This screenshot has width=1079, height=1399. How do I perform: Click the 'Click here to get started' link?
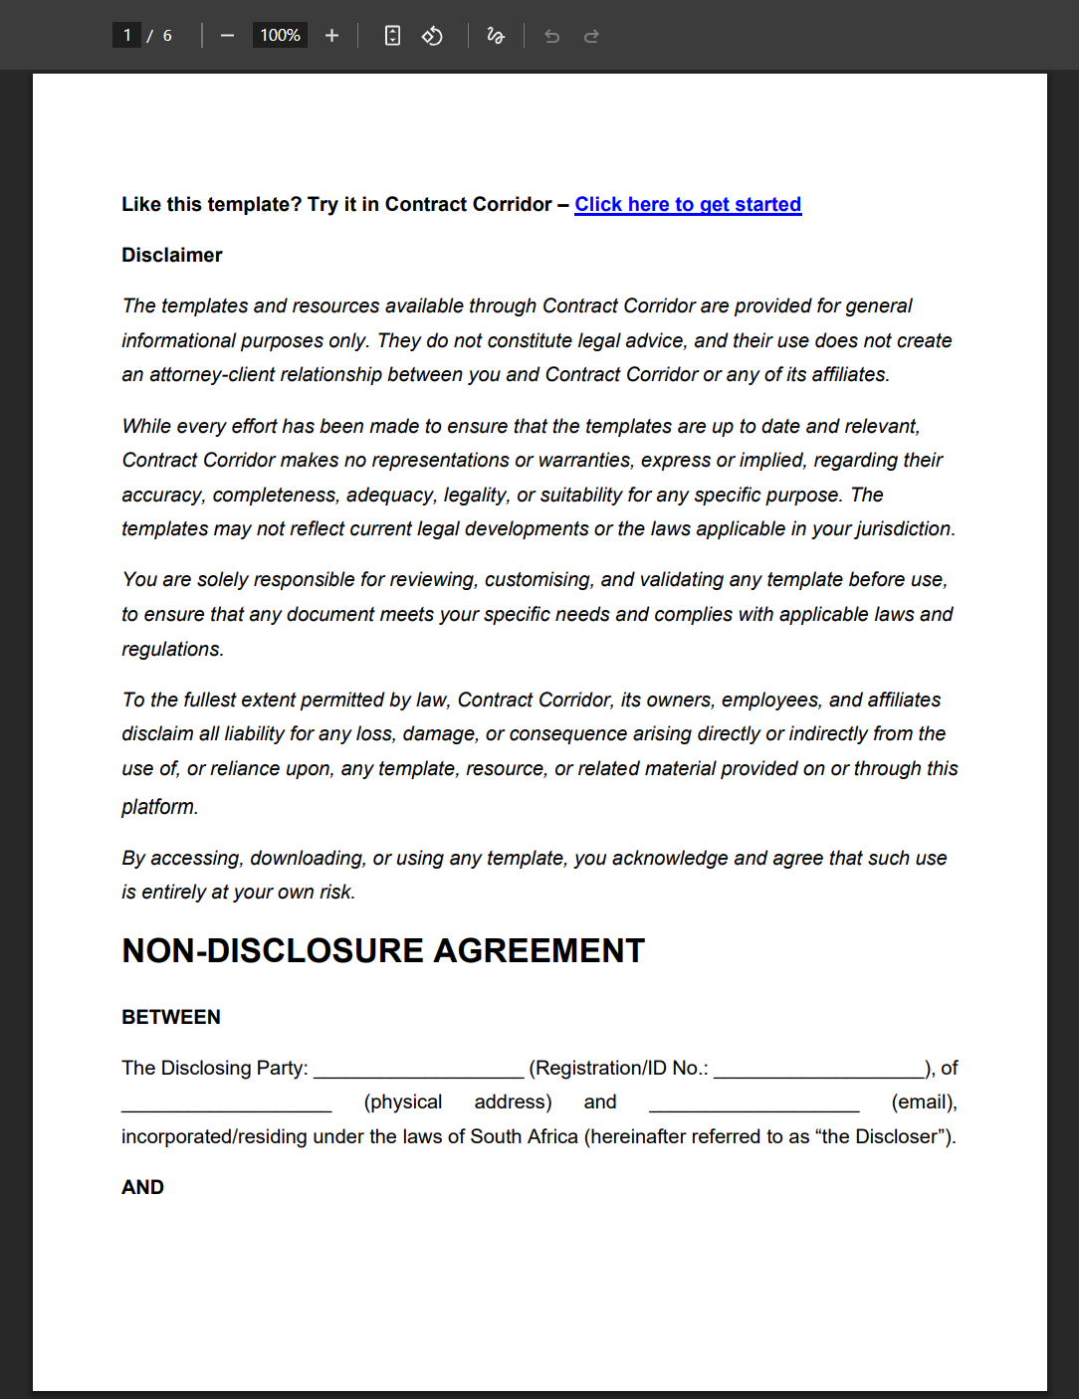tap(688, 204)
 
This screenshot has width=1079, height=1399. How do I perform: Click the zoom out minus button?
tap(227, 36)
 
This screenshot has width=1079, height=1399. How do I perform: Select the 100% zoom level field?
tap(280, 36)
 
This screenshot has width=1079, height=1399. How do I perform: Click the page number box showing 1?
tap(126, 36)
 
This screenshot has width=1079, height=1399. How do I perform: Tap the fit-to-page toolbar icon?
tap(392, 36)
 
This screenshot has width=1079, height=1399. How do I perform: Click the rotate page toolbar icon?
tap(432, 36)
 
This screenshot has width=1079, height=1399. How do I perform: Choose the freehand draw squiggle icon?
tap(496, 36)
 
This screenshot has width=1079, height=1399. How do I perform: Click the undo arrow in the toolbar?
tap(551, 36)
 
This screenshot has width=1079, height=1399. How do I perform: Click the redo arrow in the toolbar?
tap(591, 36)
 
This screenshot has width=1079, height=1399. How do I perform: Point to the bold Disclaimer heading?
tap(171, 255)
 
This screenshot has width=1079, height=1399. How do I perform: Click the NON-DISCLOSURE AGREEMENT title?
tap(383, 951)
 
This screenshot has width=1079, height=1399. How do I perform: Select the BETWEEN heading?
tap(171, 1017)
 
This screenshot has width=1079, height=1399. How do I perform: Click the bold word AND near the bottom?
tap(142, 1187)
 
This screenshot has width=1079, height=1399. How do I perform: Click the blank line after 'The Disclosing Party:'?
tap(418, 1070)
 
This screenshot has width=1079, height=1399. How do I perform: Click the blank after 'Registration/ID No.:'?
tap(818, 1070)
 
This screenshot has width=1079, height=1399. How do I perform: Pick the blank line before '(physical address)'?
tap(226, 1103)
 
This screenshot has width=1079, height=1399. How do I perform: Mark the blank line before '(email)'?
tap(754, 1103)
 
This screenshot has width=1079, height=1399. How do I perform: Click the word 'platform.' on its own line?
tap(159, 807)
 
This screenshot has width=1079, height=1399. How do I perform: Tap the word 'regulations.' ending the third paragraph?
tap(172, 649)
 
